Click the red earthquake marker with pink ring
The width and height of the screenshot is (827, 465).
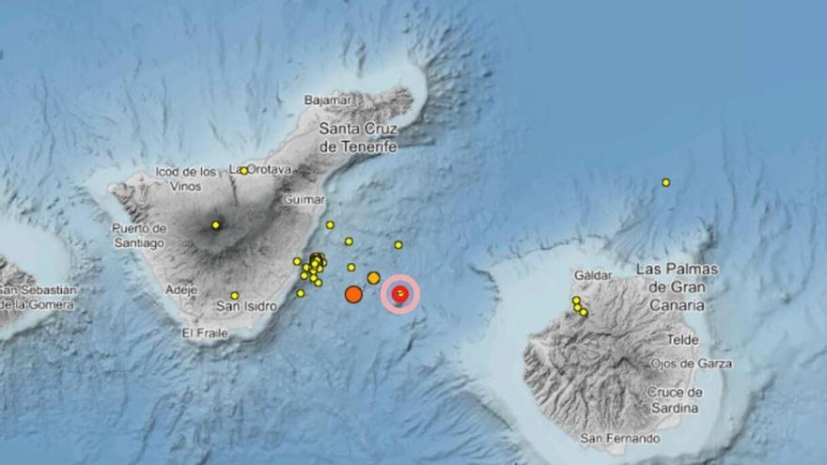coord(400,295)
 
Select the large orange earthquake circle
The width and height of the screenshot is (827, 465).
coord(353,294)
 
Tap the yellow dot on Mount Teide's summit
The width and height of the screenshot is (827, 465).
coord(216,225)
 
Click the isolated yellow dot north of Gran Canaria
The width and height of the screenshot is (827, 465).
coord(665,182)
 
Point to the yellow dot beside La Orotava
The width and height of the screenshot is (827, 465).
coord(243,171)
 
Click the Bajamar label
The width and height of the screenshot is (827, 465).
coord(328,100)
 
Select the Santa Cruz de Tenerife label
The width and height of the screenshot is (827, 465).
coord(358,137)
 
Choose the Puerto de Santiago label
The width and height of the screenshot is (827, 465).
coord(138,235)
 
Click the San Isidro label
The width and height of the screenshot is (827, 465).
coord(246,306)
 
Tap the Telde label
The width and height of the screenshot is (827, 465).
coord(683,339)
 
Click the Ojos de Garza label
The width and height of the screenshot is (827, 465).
coord(691,364)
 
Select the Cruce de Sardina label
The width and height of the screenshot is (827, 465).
coord(676,400)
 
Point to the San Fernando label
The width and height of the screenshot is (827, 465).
coord(620,438)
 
